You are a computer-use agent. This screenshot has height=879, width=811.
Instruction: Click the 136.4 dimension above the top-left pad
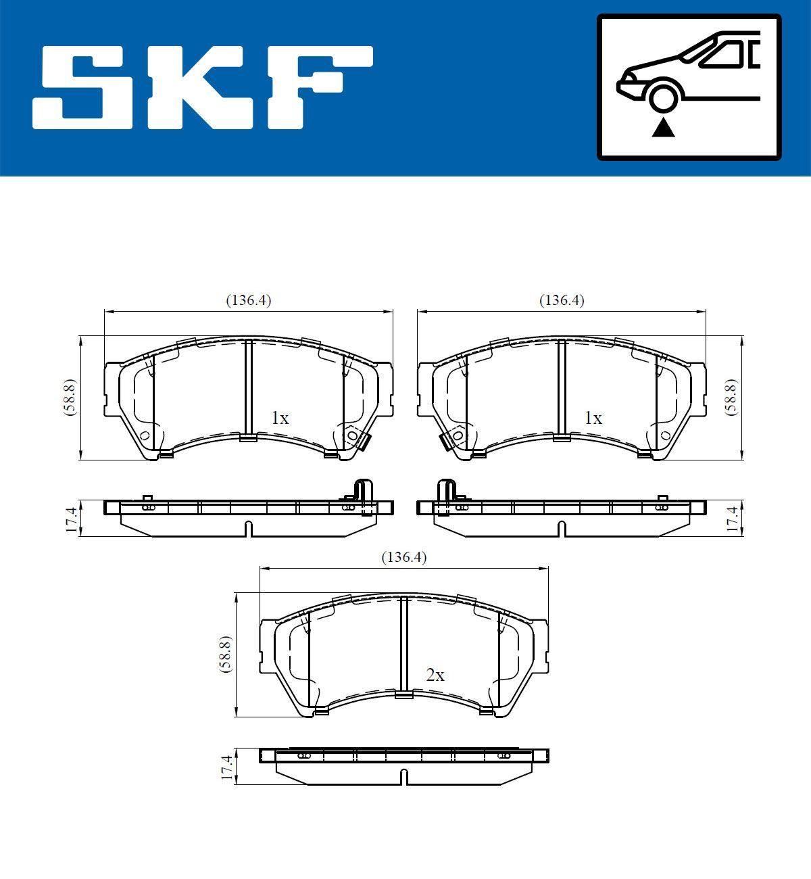point(248,300)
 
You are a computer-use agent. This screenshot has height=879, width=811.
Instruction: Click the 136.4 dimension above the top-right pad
point(562,300)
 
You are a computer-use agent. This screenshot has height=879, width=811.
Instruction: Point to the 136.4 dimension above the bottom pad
point(404,557)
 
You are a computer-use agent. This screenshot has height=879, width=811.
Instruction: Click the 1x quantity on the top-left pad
point(280,419)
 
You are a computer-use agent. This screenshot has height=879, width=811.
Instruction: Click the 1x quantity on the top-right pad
point(593,419)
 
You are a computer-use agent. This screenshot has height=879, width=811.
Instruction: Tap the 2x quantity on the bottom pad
point(435,675)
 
